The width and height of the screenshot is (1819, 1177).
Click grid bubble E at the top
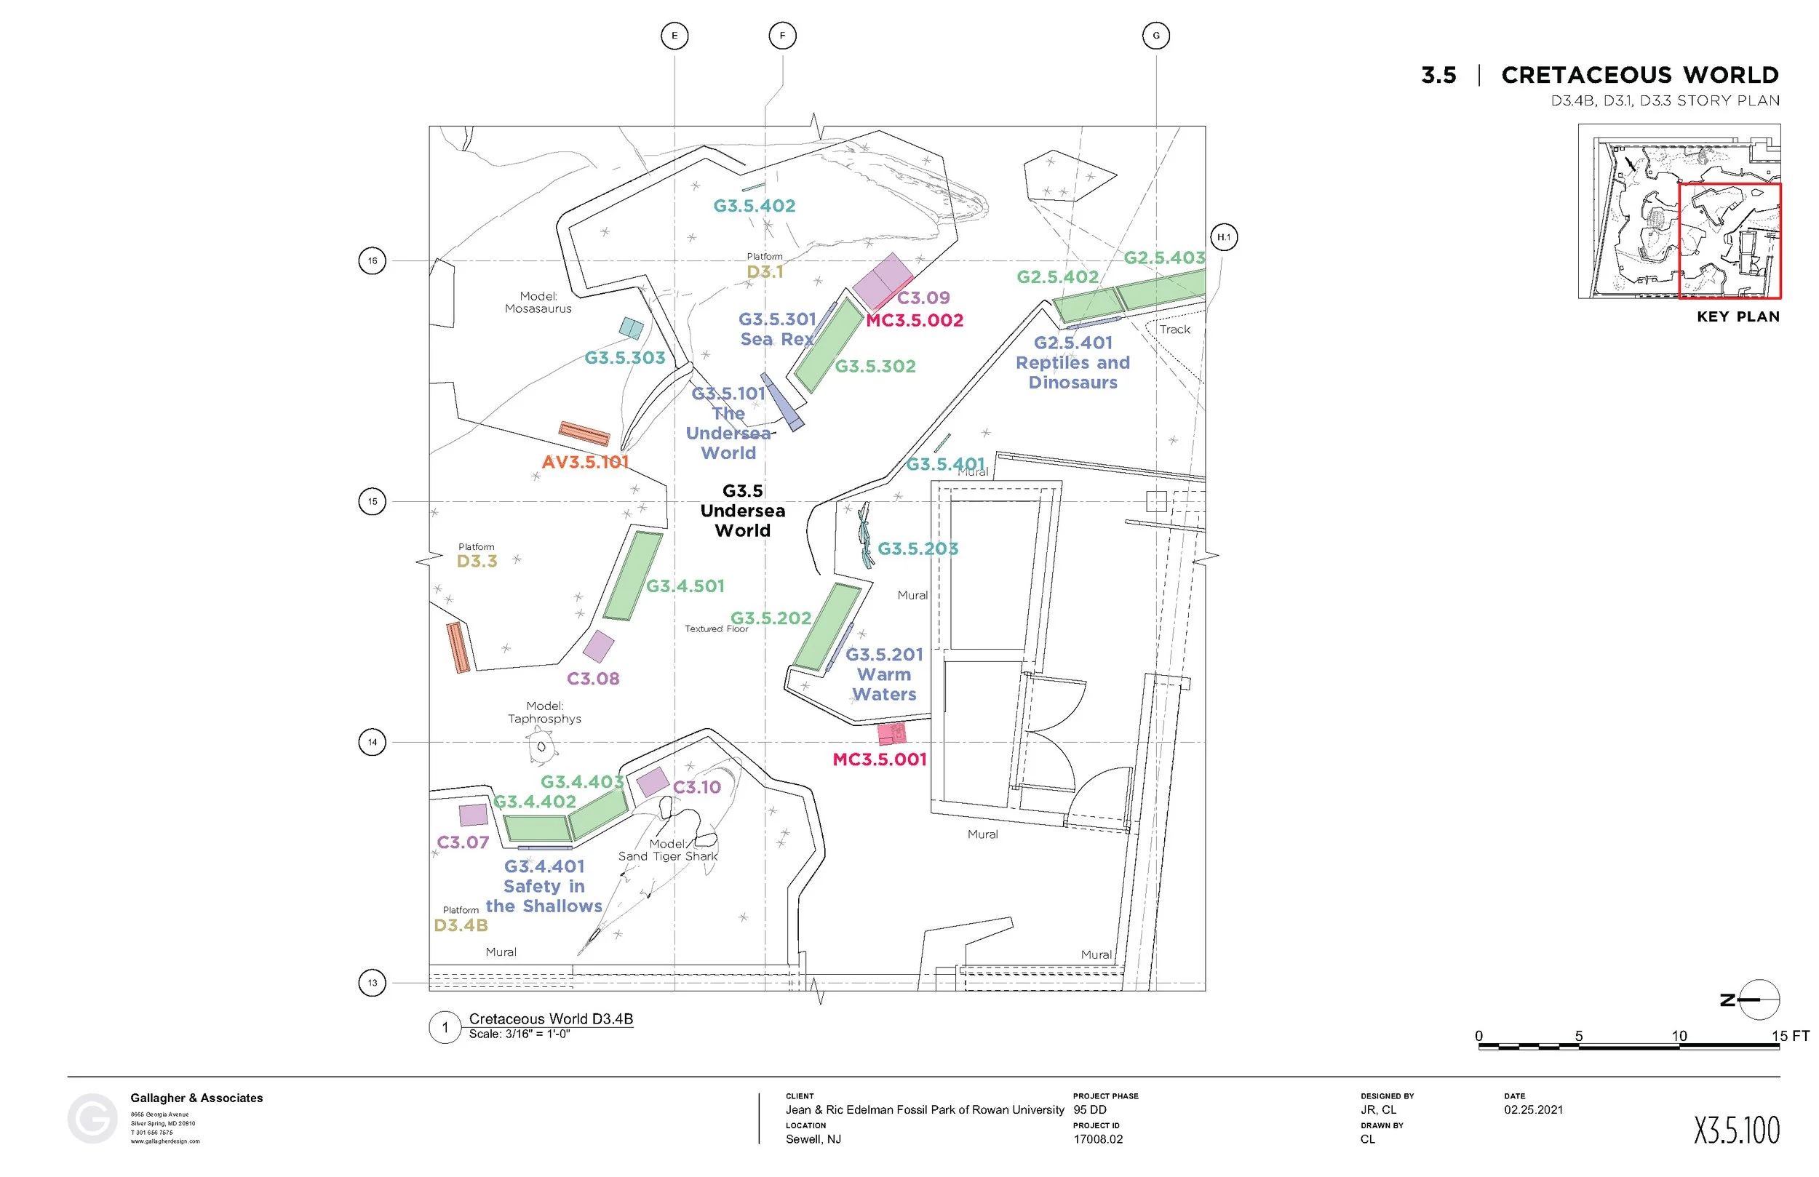(674, 36)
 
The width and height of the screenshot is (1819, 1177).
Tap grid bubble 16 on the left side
(373, 260)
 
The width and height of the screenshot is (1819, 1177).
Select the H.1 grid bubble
(1224, 237)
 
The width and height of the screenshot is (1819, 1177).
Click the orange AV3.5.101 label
(586, 463)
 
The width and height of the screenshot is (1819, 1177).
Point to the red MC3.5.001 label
(879, 759)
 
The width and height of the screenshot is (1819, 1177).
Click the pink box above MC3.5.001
(891, 734)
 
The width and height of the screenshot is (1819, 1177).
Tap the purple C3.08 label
(593, 679)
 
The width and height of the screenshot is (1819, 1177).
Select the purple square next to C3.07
(473, 815)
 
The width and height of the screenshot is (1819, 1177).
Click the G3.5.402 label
(755, 206)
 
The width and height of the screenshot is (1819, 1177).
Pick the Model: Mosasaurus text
(538, 303)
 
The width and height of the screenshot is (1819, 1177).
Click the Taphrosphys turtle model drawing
(541, 746)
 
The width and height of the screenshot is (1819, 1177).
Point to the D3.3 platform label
(477, 561)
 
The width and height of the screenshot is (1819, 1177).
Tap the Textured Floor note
(716, 629)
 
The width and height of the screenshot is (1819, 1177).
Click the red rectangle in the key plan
(1730, 241)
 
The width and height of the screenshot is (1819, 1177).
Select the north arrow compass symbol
(1759, 1000)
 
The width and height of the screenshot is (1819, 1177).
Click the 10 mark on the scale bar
(1679, 1037)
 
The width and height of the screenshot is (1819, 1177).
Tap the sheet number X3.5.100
(1737, 1130)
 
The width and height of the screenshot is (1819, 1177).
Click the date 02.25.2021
(1533, 1110)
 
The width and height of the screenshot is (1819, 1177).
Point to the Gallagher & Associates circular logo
(92, 1119)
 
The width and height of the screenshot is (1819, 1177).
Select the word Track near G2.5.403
(1174, 330)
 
